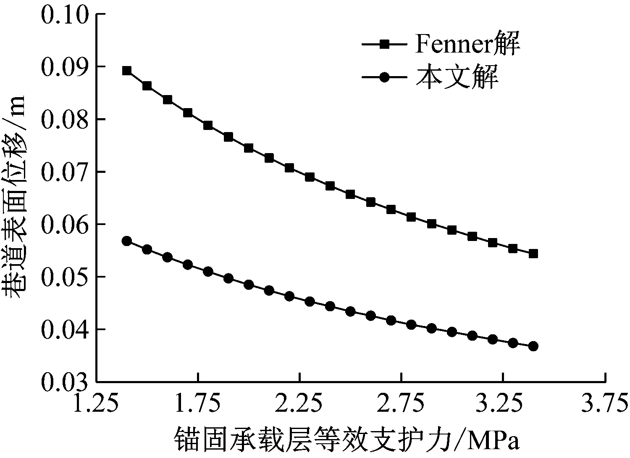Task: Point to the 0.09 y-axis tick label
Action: click(65, 67)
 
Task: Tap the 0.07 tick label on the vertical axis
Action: click(65, 172)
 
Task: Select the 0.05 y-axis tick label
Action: click(65, 277)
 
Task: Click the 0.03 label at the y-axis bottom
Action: click(65, 381)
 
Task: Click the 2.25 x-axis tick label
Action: click(299, 404)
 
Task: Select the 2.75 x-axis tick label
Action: click(402, 404)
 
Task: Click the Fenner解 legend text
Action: click(467, 45)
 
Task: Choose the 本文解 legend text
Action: click(457, 77)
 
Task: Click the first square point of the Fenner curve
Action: click(127, 71)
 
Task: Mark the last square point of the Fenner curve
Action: click(533, 254)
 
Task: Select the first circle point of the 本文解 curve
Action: click(127, 241)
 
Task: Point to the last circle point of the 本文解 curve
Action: click(533, 346)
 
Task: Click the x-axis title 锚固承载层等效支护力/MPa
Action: click(346, 440)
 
